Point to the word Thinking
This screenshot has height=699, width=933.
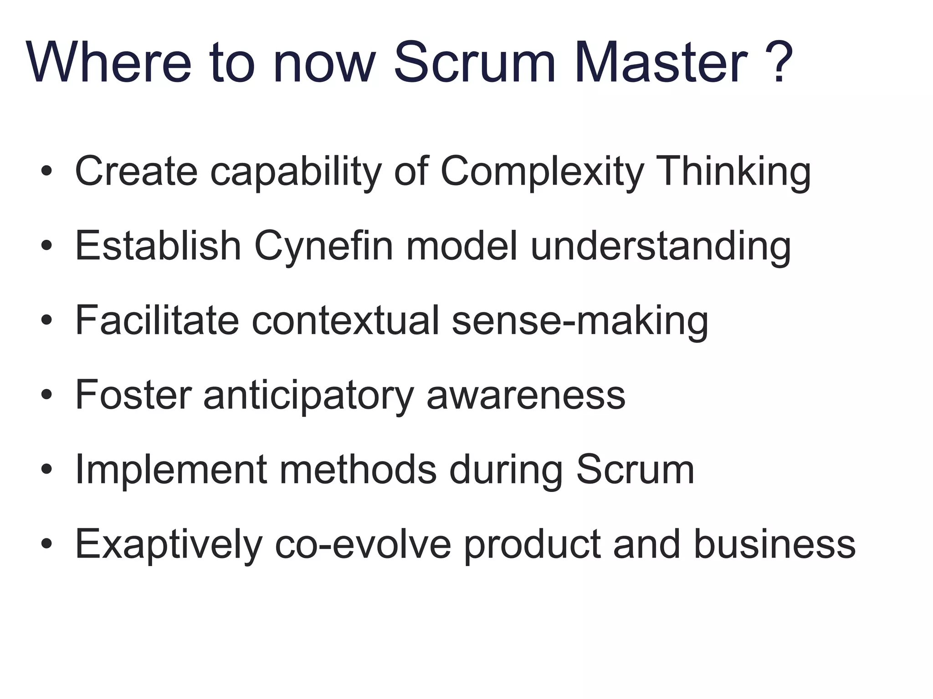coord(735,172)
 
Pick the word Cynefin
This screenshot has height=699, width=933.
coord(323,247)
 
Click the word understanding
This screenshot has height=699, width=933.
coord(661,247)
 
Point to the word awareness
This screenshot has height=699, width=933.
coord(526,395)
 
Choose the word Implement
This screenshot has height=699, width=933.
coord(171,470)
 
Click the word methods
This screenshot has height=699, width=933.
coord(358,469)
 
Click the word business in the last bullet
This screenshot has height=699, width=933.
coord(774,544)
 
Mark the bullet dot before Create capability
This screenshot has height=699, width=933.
coord(46,172)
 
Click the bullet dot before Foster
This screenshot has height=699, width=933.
coord(46,395)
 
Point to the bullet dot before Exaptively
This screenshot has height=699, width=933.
coord(46,544)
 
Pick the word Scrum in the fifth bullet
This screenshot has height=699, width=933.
coord(635,469)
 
